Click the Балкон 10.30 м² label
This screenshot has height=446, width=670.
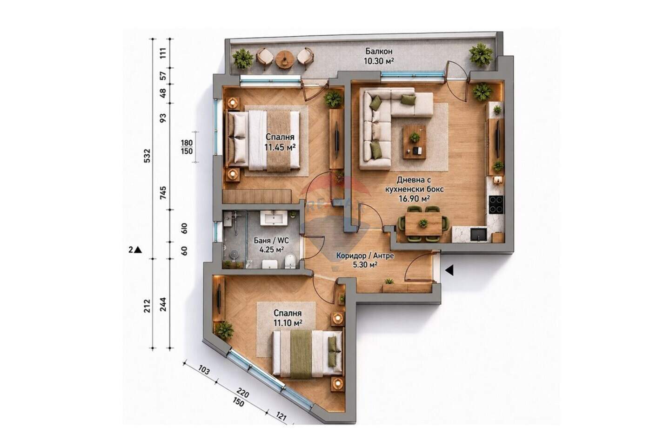(378, 56)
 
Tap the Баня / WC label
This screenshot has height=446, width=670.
(271, 240)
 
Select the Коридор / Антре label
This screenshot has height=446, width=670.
(365, 256)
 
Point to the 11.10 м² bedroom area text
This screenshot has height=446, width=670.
(288, 322)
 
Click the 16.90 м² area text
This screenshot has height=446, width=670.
(414, 198)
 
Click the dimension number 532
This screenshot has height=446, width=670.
(147, 156)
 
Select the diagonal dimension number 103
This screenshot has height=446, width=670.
(204, 370)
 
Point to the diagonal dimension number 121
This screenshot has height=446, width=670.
(280, 416)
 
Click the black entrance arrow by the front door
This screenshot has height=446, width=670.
(449, 270)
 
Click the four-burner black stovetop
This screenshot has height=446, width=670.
(496, 204)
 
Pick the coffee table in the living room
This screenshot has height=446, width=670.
(415, 142)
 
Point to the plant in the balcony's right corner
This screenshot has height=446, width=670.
(481, 54)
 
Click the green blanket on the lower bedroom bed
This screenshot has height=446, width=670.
(301, 354)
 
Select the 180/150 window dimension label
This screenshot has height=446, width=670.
(187, 147)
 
